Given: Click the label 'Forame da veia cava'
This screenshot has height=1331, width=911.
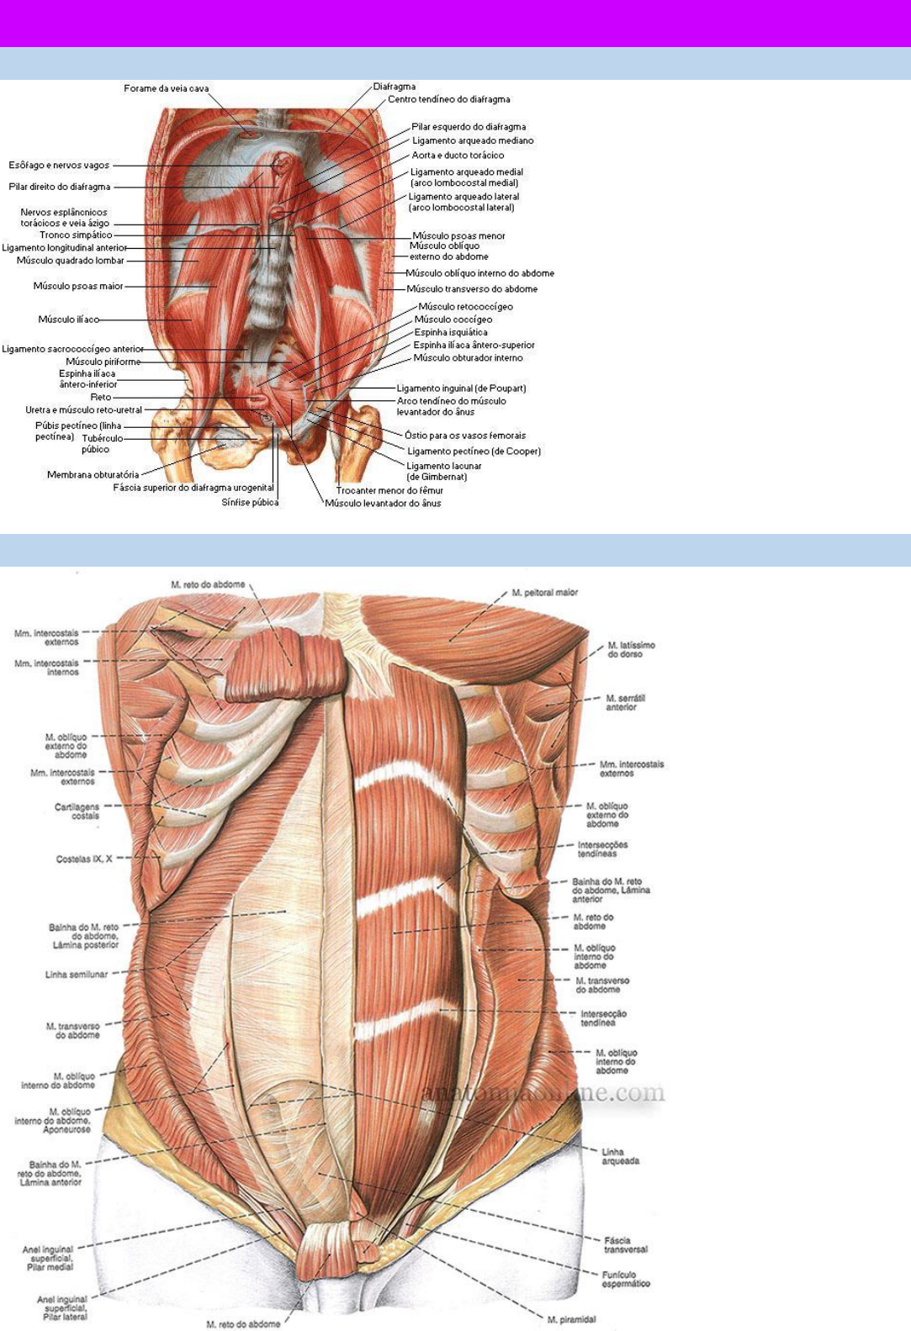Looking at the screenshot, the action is click(166, 88).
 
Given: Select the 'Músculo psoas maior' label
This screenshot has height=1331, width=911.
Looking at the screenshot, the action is click(78, 286).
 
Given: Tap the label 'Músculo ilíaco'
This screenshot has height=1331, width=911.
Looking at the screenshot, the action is click(68, 320).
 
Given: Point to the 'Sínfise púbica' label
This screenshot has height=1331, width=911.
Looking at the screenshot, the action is click(250, 503).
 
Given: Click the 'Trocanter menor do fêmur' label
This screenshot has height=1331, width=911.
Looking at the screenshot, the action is click(389, 490).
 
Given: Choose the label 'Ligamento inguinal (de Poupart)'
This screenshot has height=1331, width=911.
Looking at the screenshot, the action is click(461, 388).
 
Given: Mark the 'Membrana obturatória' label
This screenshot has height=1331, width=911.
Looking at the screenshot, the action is click(93, 474).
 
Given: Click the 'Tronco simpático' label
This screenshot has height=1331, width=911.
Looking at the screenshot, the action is click(76, 235).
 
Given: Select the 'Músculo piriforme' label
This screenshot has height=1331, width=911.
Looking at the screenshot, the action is click(103, 362).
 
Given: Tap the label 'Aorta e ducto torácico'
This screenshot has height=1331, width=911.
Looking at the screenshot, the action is click(458, 156).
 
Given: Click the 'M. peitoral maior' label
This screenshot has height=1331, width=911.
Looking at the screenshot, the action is click(545, 593).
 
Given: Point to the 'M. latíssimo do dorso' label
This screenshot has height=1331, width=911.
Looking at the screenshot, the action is click(631, 649).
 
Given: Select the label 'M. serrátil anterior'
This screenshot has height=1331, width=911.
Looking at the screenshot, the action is click(626, 703).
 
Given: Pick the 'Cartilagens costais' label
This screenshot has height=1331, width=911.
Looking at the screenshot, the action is click(77, 811).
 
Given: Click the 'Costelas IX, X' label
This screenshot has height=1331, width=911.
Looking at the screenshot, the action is click(84, 859).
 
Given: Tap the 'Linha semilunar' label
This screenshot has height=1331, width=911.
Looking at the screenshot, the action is click(77, 974).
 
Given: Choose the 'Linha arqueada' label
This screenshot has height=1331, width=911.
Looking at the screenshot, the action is click(620, 1156).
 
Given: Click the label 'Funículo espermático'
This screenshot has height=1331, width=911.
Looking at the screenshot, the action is click(626, 1279).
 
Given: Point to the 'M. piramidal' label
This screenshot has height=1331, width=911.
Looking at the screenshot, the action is click(571, 1319).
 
